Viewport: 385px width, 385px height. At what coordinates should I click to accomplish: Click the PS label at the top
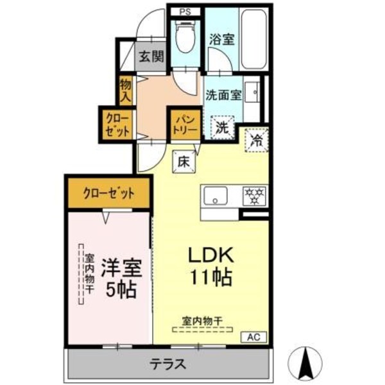click(185, 11)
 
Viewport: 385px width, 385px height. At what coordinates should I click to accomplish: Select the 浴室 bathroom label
click(221, 38)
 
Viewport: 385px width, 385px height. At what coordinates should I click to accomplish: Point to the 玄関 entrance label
click(151, 56)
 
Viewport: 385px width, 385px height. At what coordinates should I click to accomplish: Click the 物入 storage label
click(126, 90)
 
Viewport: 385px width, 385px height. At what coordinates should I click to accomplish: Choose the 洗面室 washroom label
click(223, 95)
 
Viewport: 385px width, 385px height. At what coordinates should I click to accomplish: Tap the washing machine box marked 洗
click(221, 126)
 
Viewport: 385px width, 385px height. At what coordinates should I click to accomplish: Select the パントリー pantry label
click(185, 122)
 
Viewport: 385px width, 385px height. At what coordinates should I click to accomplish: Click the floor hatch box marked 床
click(182, 161)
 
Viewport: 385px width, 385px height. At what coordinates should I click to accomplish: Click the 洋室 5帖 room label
click(117, 277)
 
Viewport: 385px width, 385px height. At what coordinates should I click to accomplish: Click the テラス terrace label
click(168, 364)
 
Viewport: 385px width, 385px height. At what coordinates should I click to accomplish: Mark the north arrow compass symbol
click(307, 363)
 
